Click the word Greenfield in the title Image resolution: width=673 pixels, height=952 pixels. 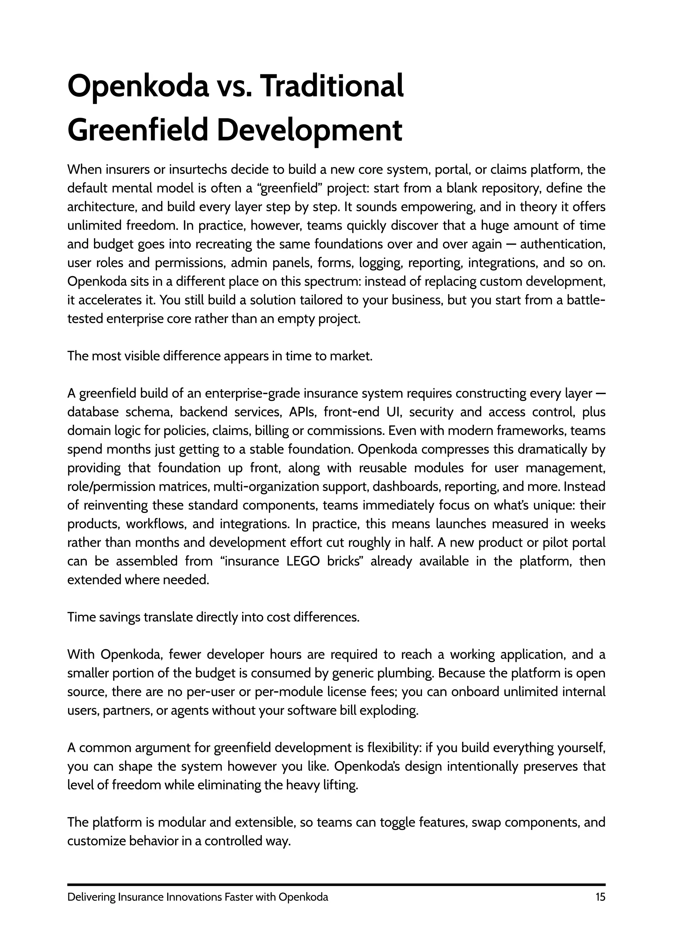click(x=137, y=130)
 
